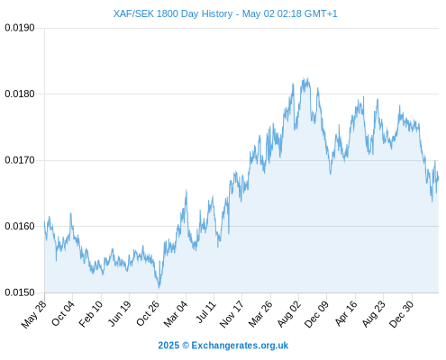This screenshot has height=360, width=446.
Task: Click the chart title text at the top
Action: [225, 13]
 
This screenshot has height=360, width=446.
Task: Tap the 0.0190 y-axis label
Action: [20, 28]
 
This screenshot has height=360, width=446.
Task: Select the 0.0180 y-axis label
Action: [20, 94]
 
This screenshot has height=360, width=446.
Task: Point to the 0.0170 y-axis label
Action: [20, 160]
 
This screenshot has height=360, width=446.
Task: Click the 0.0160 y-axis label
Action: [20, 226]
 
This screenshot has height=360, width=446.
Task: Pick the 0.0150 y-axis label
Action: [20, 292]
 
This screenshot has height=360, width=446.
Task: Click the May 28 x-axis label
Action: [34, 314]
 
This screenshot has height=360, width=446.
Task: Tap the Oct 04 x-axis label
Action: [62, 313]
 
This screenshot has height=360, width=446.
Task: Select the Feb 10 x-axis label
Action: [90, 314]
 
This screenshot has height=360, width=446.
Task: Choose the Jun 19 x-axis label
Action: [119, 313]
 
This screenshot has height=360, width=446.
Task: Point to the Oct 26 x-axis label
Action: [147, 313]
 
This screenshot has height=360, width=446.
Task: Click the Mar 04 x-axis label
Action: [175, 314]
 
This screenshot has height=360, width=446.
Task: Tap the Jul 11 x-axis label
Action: [206, 311]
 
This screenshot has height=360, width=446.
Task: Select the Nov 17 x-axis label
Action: [231, 314]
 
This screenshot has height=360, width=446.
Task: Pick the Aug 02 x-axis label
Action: [288, 314]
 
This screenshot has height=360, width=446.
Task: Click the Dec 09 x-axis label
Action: [316, 314]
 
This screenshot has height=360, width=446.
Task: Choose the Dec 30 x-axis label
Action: [402, 314]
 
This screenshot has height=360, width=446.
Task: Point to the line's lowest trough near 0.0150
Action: [159, 288]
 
